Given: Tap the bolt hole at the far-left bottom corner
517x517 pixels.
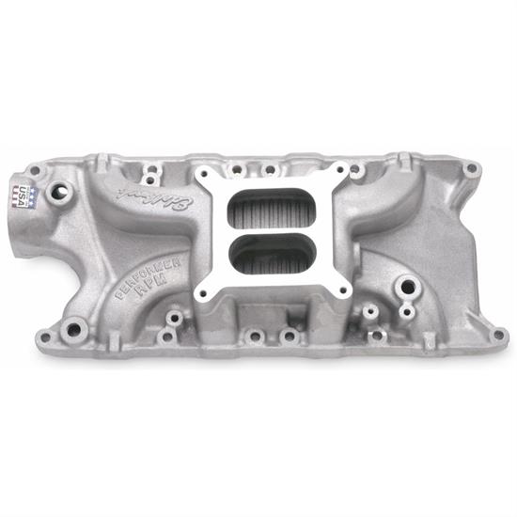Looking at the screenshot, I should coord(41,333).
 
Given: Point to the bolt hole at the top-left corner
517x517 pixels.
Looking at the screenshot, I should coord(35,170).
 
